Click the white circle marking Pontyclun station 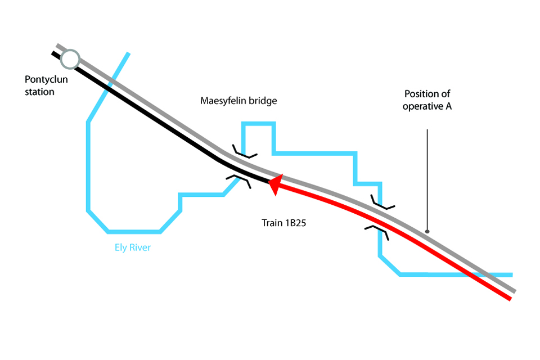tap(70, 58)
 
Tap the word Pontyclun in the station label tap(46, 79)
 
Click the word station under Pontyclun tap(39, 91)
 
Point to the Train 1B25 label tap(283, 223)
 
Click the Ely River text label tap(130, 247)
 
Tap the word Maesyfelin tap(223, 101)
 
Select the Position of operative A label tap(427, 100)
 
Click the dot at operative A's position tap(427, 231)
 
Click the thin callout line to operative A tap(427, 180)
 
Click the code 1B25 tap(295, 223)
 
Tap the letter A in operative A tap(448, 106)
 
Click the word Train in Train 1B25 tap(272, 223)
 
